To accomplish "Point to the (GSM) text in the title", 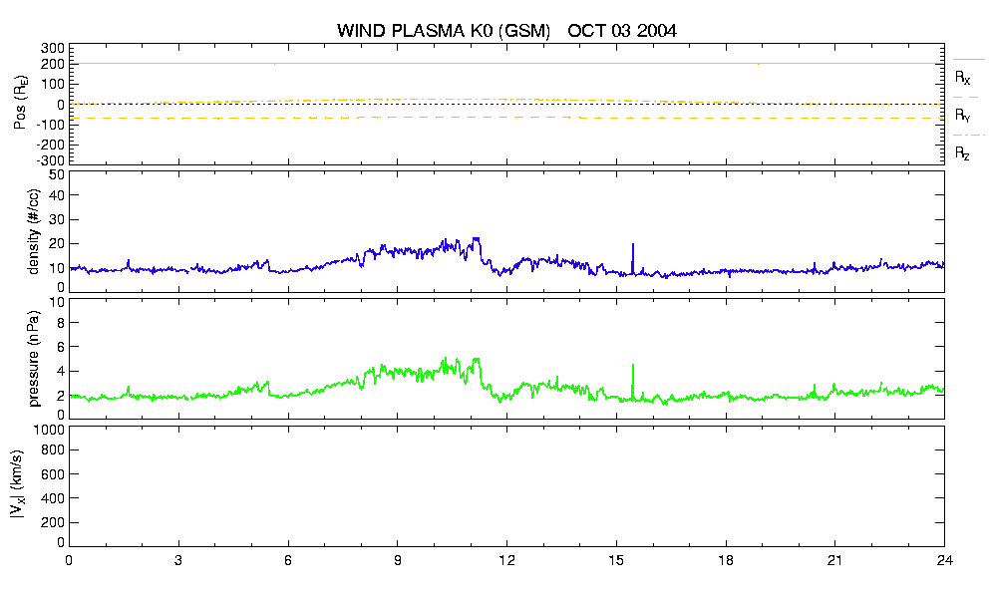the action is [524, 31].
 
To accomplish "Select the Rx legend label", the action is [962, 78].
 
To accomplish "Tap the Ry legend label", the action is [962, 116].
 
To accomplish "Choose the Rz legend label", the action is [962, 152].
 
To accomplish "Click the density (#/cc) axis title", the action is [34, 231].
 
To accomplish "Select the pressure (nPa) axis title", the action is [34, 358].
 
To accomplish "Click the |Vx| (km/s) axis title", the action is [18, 485].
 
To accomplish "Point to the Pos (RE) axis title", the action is [20, 103].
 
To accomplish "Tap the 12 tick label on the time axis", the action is [506, 560].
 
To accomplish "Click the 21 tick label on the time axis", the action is [834, 560].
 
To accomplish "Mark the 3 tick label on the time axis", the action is [178, 560].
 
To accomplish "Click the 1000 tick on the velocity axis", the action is [50, 430].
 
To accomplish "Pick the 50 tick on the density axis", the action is [57, 175].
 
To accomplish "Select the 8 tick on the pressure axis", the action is [61, 323].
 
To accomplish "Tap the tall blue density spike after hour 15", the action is [633, 258].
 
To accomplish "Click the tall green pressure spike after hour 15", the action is [633, 382].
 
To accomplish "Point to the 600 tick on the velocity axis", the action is [53, 474].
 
